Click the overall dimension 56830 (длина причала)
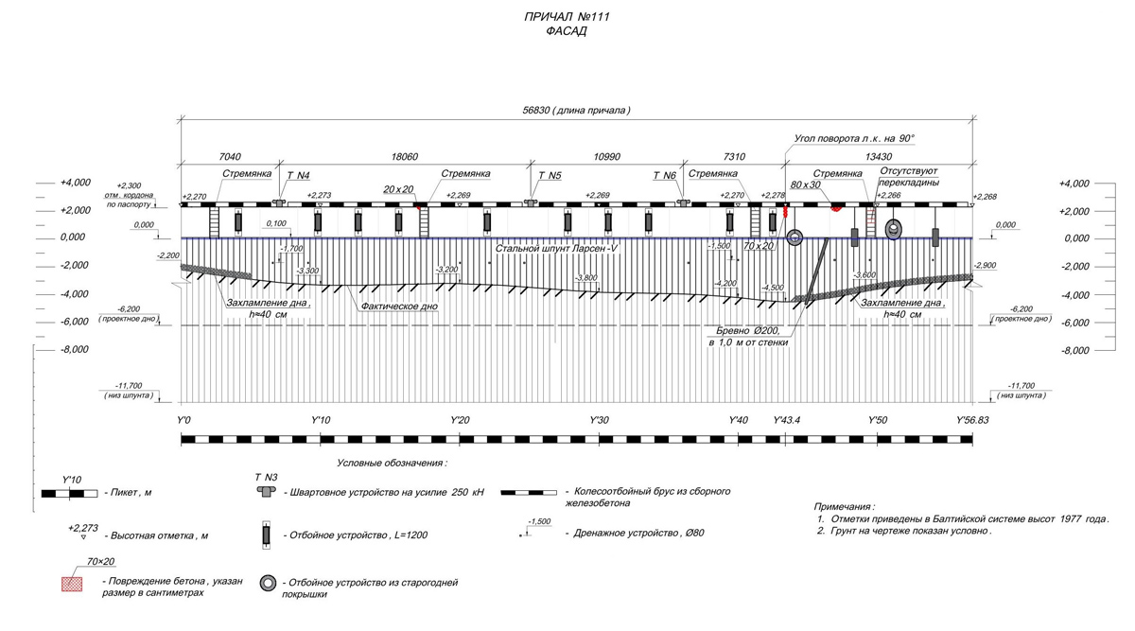pos(576,111)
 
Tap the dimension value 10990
pos(605,157)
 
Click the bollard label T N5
pos(550,176)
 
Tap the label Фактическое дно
pos(398,307)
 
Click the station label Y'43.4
pos(787,420)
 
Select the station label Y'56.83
pos(972,420)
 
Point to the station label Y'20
pos(460,420)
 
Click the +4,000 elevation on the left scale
pos(74,183)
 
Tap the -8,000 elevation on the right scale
pos(1074,351)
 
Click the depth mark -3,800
pos(585,278)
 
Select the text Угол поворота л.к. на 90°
pos(854,138)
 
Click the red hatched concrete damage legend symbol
pos(71,585)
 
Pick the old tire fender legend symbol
pos(269,584)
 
